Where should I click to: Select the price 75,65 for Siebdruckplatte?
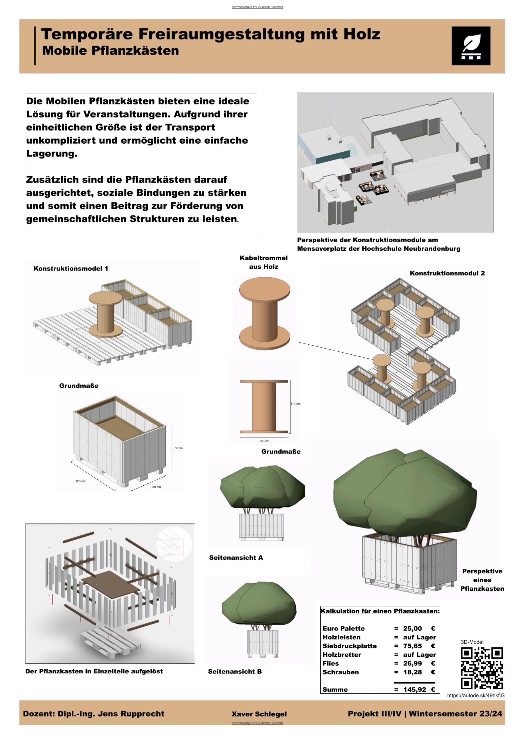412,646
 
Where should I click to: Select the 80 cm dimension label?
156,487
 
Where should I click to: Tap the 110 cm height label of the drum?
295,404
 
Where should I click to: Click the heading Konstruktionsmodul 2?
447,273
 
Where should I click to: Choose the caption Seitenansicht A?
236,557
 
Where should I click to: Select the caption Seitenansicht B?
235,671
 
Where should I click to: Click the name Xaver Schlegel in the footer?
259,714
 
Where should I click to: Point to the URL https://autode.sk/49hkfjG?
476,695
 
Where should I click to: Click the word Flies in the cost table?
330,663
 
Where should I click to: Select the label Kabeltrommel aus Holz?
263,262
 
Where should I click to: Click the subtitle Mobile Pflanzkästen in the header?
111,51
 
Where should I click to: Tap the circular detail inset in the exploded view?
174,544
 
